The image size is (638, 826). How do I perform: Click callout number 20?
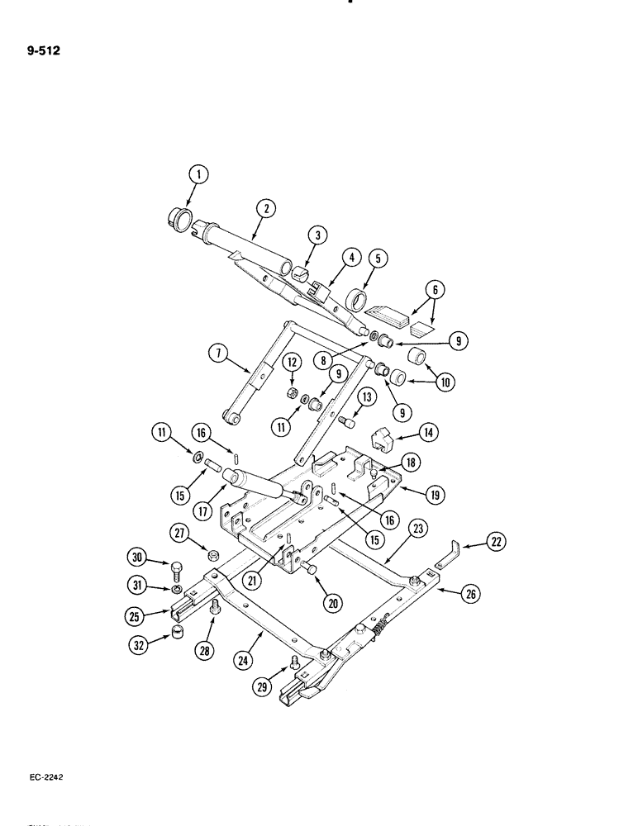[332, 604]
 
